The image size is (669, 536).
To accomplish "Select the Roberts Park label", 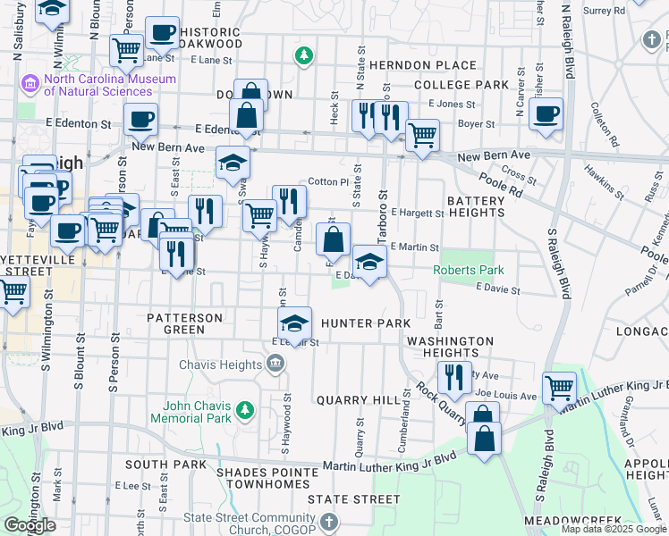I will point(469,270).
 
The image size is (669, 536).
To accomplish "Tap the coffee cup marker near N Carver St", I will point(545,114).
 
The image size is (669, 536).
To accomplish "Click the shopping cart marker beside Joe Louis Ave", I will point(559,388).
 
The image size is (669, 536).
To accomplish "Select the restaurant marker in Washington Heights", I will point(457,377).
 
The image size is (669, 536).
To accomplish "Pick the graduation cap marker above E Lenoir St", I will point(295,322).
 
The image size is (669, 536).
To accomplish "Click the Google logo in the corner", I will point(30,525).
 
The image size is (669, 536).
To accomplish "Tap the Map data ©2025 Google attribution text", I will point(614,529).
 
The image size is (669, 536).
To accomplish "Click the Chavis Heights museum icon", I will point(275,364).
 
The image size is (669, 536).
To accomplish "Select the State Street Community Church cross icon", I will point(328,521).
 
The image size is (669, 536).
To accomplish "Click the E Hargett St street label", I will point(417,214).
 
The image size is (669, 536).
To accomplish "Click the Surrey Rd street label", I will point(604,11).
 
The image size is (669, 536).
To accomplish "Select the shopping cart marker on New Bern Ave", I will point(421,136).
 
